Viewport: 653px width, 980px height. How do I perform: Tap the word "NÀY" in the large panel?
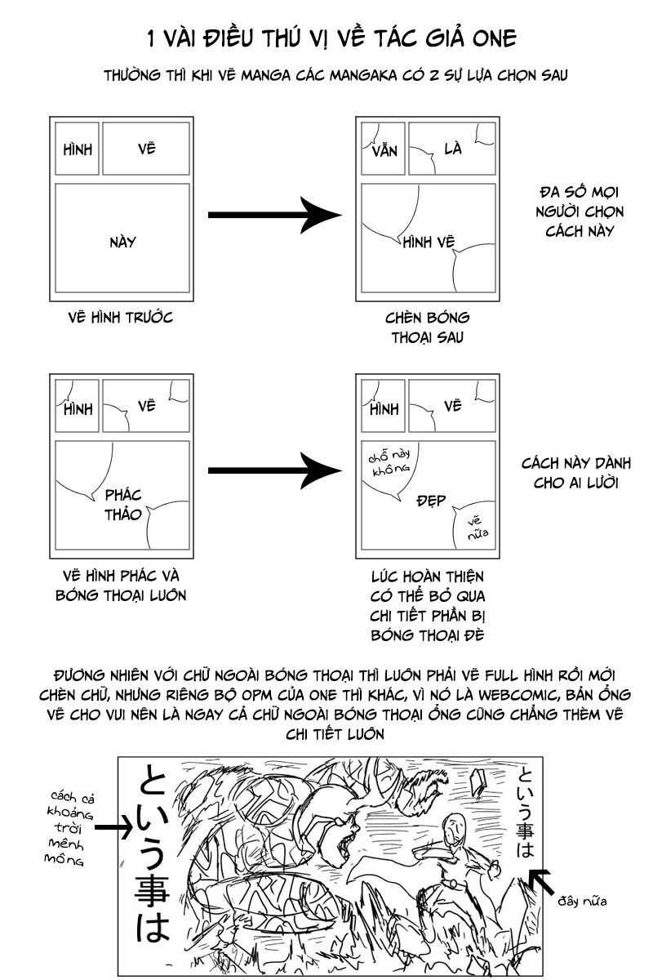click(x=122, y=242)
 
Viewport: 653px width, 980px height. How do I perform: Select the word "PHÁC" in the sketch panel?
click(x=123, y=495)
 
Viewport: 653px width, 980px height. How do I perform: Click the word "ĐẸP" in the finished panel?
click(x=431, y=500)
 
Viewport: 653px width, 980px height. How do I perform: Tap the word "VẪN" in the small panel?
click(x=383, y=153)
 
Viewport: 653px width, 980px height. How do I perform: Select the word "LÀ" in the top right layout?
click(x=453, y=149)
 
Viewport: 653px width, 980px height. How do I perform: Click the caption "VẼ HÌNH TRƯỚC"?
click(x=121, y=317)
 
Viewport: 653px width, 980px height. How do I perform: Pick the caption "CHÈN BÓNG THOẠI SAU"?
click(x=428, y=327)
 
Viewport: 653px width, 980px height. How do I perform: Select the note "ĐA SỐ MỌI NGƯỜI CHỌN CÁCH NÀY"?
click(x=580, y=212)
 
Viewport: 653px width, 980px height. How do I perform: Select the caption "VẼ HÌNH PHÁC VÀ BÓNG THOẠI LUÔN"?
click(x=121, y=584)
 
